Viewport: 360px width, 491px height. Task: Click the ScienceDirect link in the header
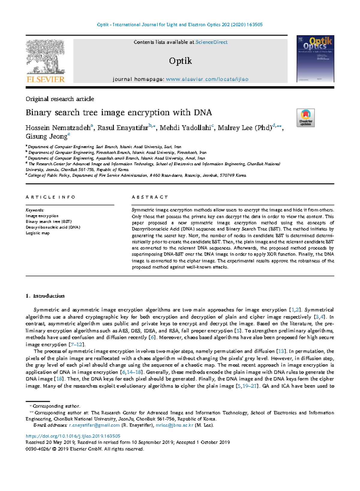coord(211,42)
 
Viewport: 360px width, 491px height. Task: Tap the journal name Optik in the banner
coord(180,61)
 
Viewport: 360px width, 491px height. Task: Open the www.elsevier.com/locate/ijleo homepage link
coord(207,79)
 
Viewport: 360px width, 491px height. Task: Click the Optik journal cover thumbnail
coord(315,59)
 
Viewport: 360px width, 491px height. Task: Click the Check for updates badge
coord(305,118)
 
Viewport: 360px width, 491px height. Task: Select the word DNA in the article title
coord(203,112)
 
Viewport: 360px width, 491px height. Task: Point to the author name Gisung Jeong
coord(46,137)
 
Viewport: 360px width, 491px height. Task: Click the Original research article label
coord(60,99)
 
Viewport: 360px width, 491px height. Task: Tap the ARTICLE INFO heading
coord(50,197)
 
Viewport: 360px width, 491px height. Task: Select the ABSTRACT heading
coord(150,197)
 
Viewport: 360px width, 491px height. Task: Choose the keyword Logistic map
coord(37,233)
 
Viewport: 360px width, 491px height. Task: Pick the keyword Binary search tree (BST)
coord(49,222)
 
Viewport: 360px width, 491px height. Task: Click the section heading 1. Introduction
coord(45,296)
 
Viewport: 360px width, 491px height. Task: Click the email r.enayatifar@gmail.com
coord(94,425)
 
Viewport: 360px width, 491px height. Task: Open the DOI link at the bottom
coord(73,436)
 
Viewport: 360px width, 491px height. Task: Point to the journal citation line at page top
coord(180,25)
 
